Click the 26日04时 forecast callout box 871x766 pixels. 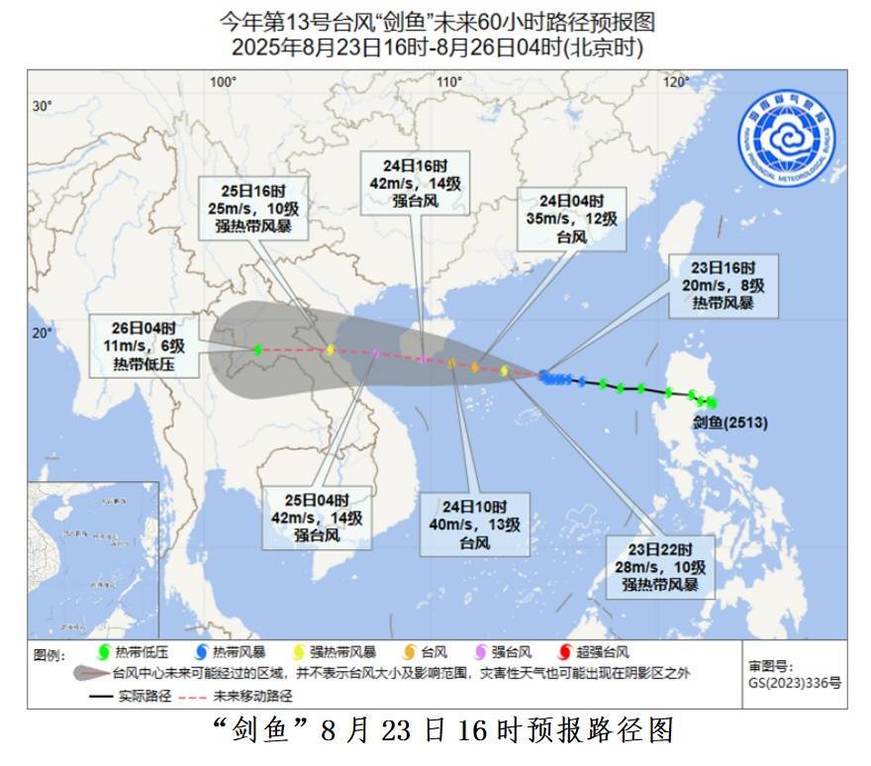pos(138,345)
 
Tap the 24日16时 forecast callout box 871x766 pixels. pos(416,183)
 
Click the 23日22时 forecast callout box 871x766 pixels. pos(660,567)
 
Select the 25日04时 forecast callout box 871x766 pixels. pos(317,519)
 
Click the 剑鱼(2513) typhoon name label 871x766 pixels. pos(730,423)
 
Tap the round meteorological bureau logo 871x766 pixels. pos(785,138)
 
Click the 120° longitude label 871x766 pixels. pos(677,81)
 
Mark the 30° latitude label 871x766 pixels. pos(41,106)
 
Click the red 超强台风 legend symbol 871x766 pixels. pos(566,652)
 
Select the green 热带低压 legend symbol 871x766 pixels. pos(101,652)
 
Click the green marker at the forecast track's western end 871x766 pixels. pos(257,349)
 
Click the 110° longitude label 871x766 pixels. pos(450,81)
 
